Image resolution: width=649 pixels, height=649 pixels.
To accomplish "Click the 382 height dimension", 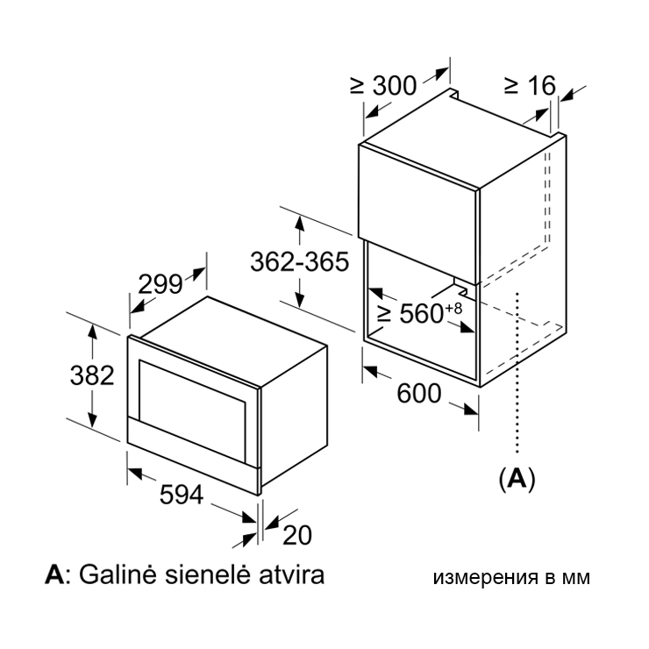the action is (92, 375).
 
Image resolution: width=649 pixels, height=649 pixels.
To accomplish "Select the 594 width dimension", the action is (182, 494).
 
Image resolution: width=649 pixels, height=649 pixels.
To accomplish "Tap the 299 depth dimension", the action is (160, 284).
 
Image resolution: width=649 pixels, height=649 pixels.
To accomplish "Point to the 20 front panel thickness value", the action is (297, 535).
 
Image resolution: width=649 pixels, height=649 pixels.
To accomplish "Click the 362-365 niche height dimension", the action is (300, 261).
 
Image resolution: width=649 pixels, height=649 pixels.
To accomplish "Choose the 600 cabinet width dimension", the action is (419, 393).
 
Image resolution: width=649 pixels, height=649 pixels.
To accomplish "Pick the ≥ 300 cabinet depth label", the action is (383, 86).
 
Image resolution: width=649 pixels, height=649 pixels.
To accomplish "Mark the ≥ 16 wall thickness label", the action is (531, 86).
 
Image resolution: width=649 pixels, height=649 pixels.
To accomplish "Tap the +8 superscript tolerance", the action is (453, 309).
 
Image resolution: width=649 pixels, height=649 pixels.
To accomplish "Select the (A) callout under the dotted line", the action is (517, 480).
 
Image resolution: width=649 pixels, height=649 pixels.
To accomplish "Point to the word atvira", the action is (291, 575).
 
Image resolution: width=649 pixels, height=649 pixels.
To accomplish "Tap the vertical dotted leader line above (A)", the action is (517, 374).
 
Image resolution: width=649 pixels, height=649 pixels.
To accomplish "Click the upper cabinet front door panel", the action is (418, 214).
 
